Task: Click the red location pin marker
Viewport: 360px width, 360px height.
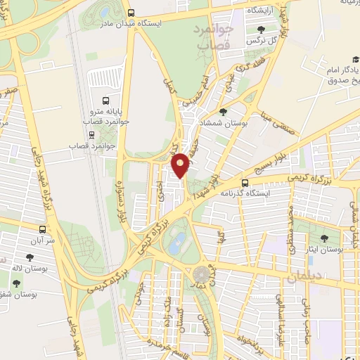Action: (181, 165)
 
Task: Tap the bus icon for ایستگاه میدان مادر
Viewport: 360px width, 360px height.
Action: (131, 13)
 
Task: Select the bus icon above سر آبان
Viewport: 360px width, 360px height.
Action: (44, 229)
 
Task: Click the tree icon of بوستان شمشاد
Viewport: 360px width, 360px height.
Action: (224, 112)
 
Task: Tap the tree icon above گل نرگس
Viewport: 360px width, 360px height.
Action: (262, 30)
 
